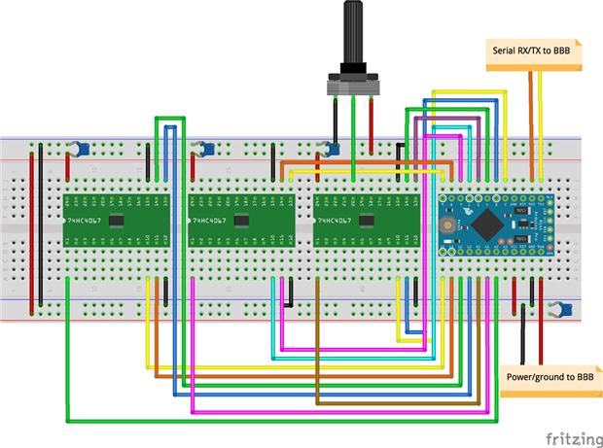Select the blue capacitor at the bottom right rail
[556, 311]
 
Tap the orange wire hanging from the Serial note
[530, 117]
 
